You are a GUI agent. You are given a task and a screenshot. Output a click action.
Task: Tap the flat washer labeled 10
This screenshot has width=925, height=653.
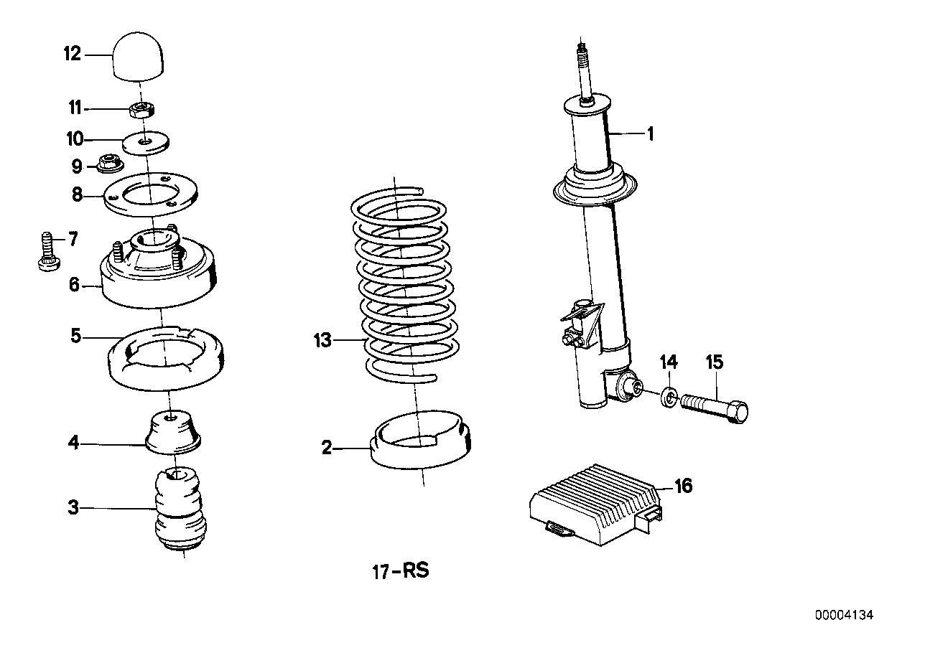146,143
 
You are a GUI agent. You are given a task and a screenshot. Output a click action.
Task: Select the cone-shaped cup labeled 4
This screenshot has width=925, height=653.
172,433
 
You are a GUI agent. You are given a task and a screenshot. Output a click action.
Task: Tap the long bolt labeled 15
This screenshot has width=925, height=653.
714,406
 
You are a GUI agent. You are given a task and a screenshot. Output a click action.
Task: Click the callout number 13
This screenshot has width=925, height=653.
322,339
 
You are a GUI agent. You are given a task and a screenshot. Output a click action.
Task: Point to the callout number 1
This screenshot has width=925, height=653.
650,133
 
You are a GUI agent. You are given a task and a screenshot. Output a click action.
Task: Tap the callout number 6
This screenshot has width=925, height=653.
74,284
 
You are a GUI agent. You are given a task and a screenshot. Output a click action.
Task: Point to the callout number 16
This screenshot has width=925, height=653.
683,487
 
